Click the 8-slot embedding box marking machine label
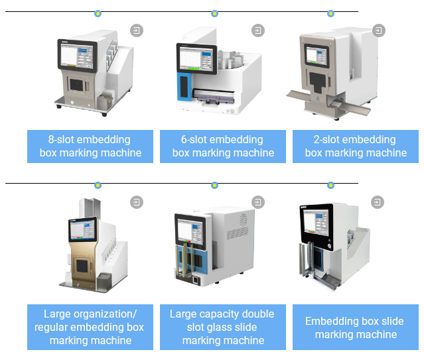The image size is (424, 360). point(90,146)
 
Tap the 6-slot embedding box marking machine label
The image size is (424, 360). point(223,146)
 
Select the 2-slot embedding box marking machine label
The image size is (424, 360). point(356,146)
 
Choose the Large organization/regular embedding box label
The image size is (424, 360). point(90,327)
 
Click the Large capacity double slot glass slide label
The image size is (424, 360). point(223,327)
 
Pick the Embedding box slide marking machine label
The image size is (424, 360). point(356,328)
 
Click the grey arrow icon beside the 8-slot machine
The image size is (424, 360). point(136,30)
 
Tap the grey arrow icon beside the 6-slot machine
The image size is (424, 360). point(258,30)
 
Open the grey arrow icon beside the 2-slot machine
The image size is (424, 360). point(378,30)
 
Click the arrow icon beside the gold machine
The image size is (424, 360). point(136,202)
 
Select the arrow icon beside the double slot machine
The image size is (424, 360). point(258,202)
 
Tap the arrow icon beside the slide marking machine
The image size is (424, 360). point(378,202)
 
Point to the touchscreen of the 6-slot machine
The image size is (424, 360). point(196,61)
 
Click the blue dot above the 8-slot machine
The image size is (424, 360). point(98,13)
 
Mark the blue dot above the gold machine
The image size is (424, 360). point(98,185)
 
